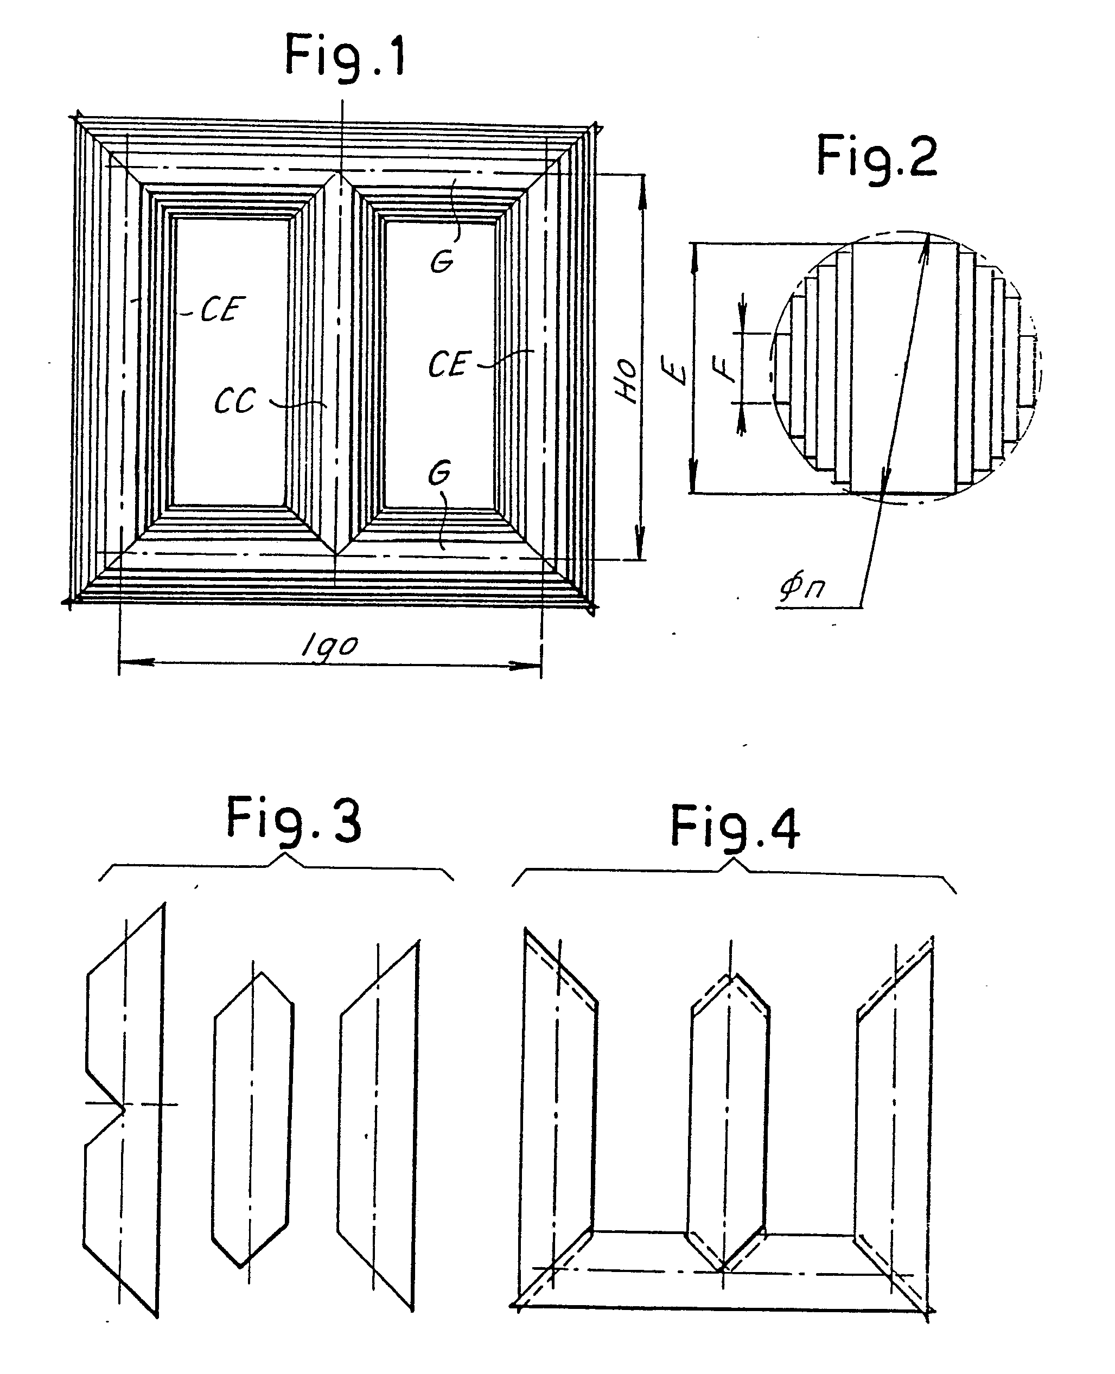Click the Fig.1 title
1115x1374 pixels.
pos(345,56)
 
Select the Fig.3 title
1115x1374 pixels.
pos(294,820)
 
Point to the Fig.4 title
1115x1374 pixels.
pos(735,828)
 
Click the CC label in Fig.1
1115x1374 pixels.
pos(235,401)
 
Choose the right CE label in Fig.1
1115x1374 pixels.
pos(450,364)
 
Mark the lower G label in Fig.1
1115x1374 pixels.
pos(439,473)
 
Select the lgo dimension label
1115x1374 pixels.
pos(329,646)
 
